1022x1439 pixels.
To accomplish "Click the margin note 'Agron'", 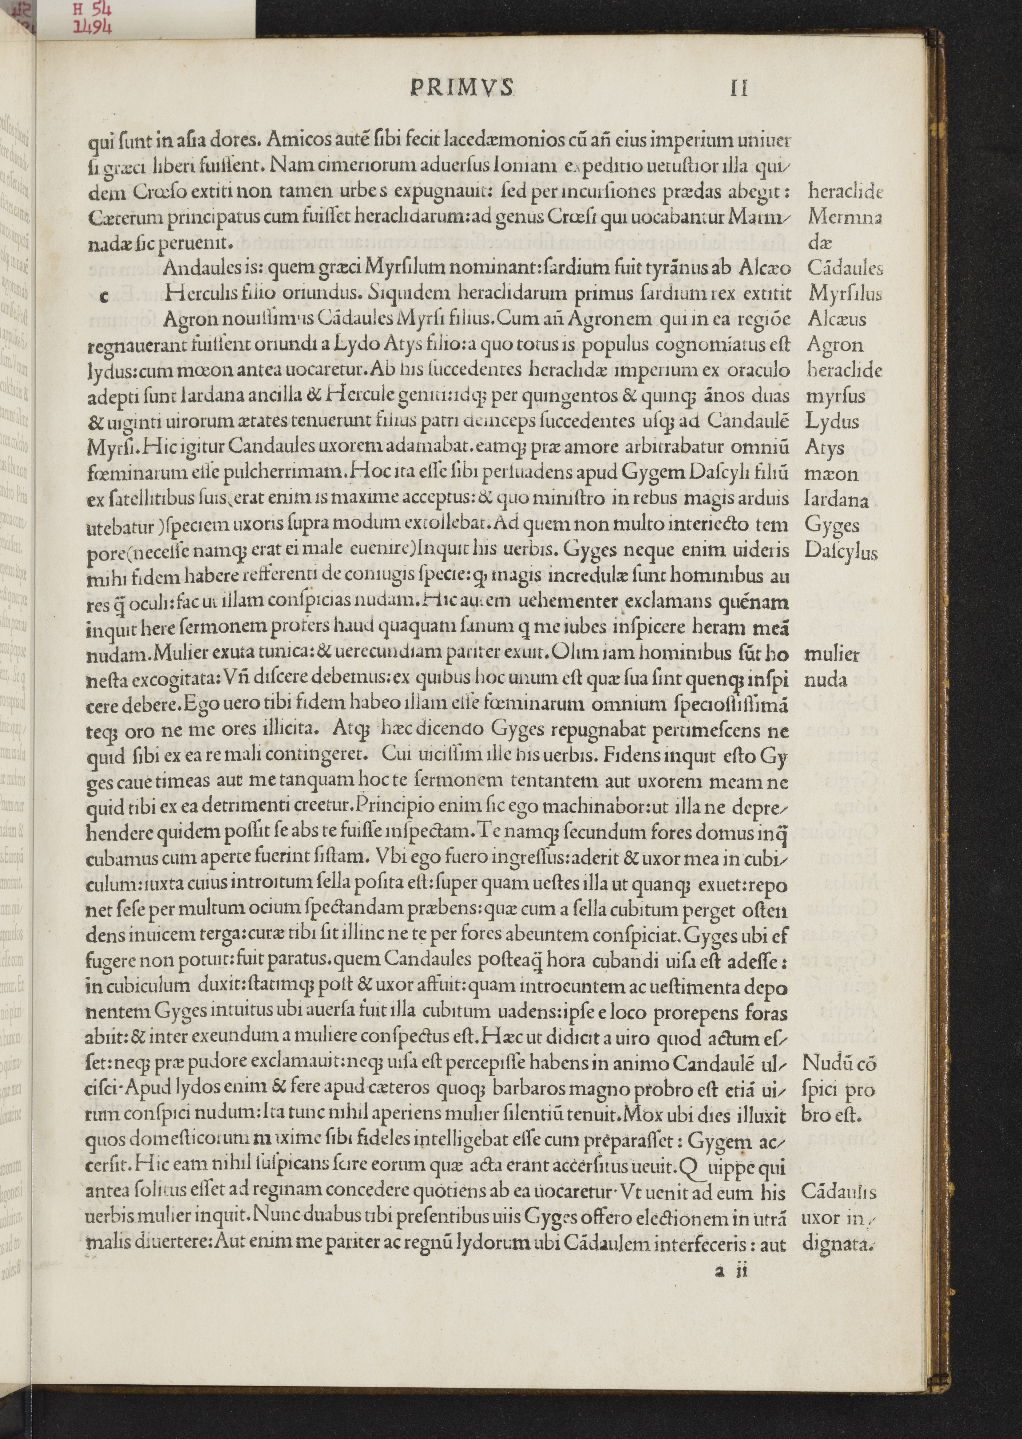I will pyautogui.click(x=834, y=345).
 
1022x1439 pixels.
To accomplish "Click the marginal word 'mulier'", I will pyautogui.click(x=832, y=654).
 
